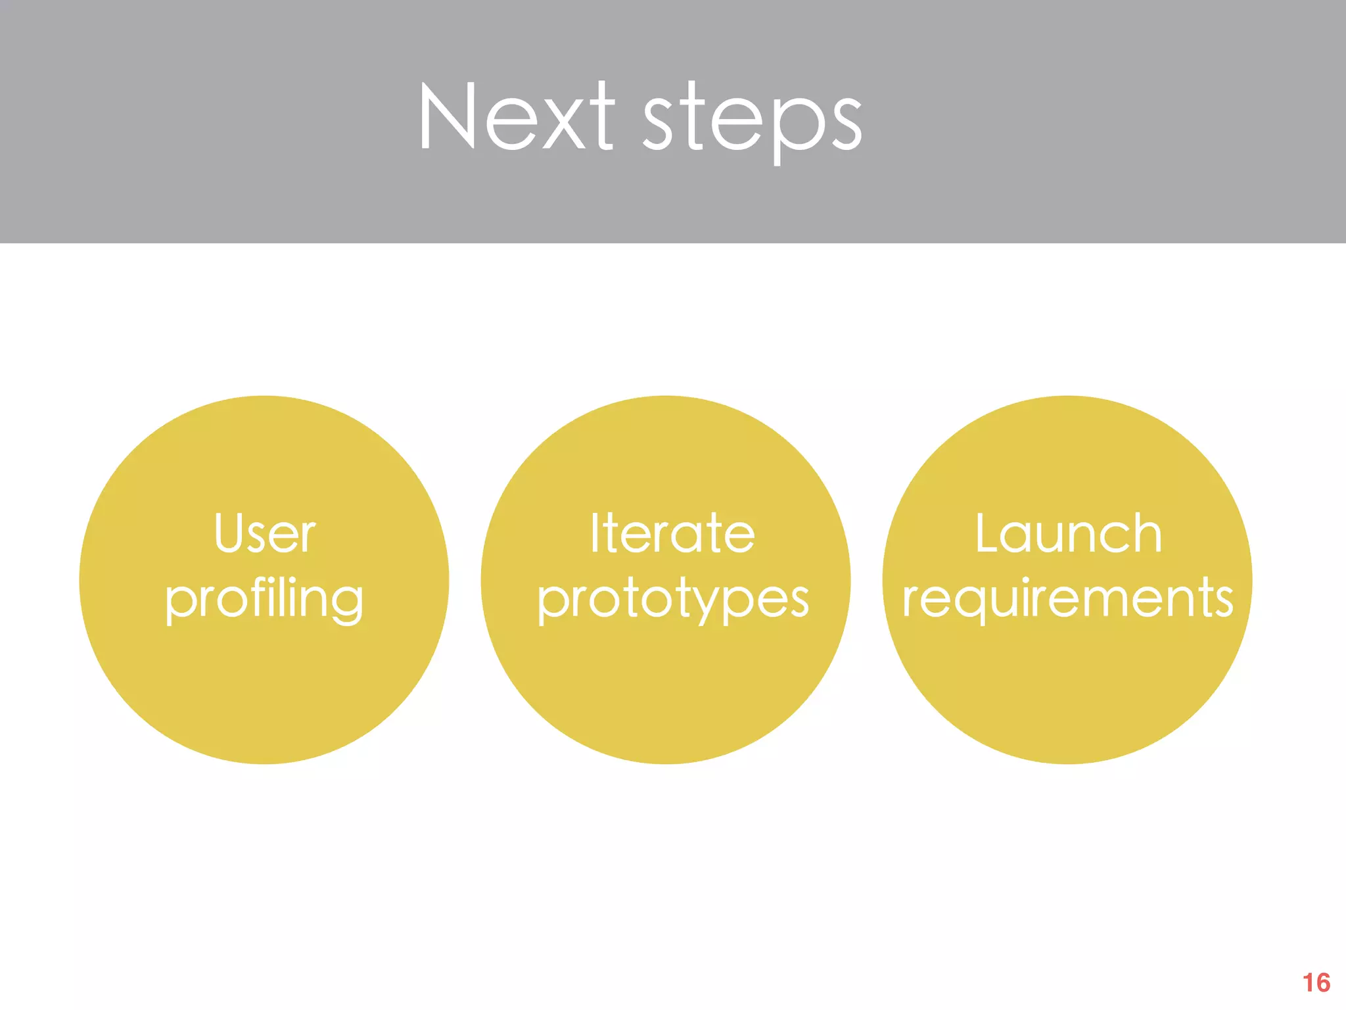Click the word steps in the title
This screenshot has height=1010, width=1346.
tap(751, 122)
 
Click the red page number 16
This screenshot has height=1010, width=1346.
tap(1316, 982)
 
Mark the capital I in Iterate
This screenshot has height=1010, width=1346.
tap(594, 533)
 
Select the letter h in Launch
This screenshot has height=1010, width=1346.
tap(1147, 533)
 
